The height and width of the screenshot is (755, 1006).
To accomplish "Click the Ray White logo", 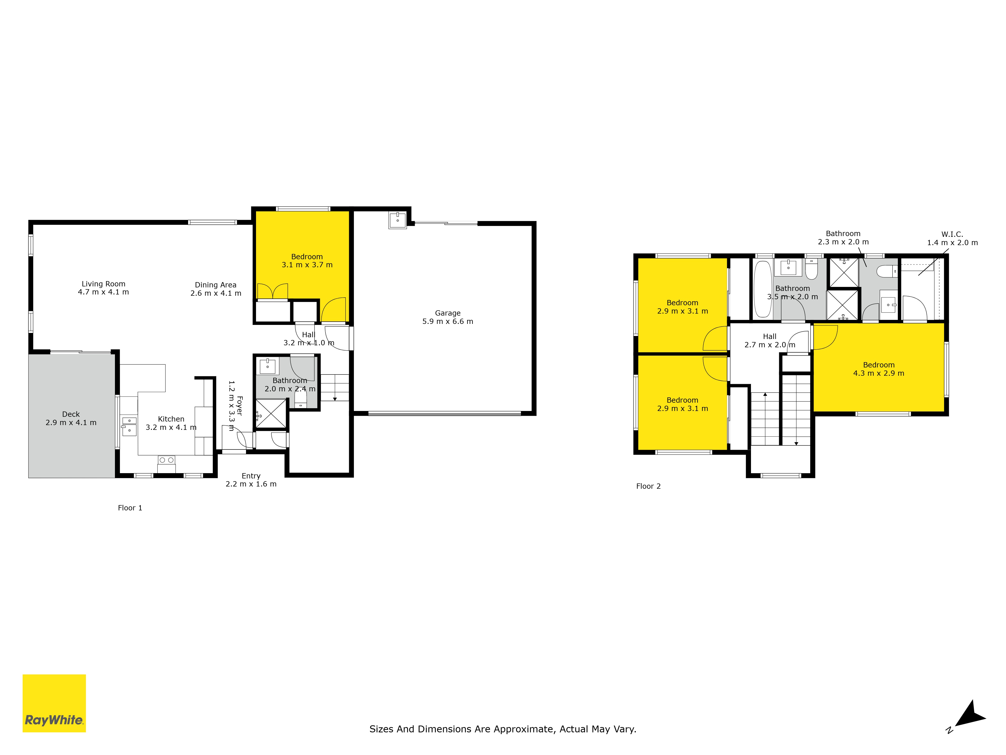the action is click(x=54, y=703).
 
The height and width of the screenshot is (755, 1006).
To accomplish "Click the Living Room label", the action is click(x=103, y=288).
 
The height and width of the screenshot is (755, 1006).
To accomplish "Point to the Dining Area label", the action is click(x=216, y=289).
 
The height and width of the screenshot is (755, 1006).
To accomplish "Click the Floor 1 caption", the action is click(x=130, y=508).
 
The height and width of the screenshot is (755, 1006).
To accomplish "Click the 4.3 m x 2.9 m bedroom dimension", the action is click(x=879, y=373).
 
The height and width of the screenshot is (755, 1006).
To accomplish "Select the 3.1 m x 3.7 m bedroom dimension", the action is click(x=307, y=265).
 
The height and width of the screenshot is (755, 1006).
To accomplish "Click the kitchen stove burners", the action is click(x=166, y=460).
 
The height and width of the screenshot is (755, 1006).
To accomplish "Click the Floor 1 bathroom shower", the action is click(x=271, y=414).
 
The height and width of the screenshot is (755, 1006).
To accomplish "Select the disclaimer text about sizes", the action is click(x=502, y=729).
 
